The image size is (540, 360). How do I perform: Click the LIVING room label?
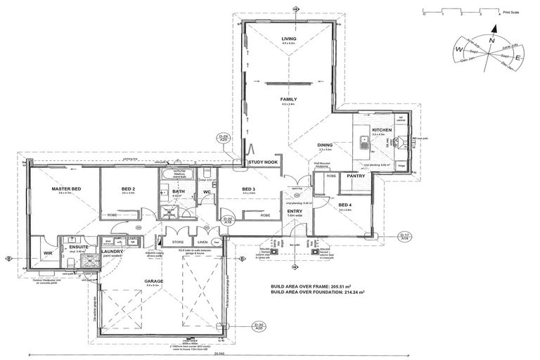290,39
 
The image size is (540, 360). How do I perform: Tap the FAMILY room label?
290,100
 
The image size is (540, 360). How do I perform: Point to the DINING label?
325,145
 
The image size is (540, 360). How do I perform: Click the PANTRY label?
356,176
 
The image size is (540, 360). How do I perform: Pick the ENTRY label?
294,212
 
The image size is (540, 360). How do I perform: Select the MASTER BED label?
65,189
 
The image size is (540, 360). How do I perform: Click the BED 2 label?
127,189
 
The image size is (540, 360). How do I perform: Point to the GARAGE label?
153,282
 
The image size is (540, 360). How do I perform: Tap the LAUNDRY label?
112,252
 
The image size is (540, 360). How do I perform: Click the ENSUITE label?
73,247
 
